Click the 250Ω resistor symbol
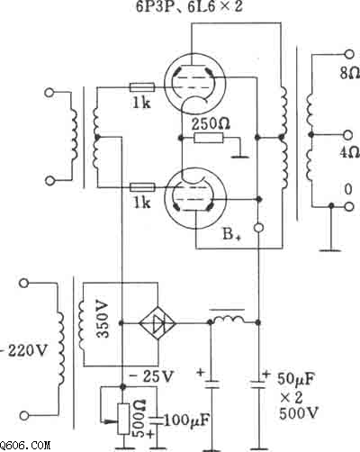coord(209,138)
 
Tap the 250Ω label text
coord(211,124)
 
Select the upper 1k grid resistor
coord(142,87)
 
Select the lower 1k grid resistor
coord(142,187)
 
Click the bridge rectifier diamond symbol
coord(157,323)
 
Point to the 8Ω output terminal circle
coord(348,54)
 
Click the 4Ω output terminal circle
coord(348,135)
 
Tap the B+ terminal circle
coord(259,228)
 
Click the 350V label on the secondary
coord(103,319)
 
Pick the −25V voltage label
coord(152,376)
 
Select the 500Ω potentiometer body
coord(123,420)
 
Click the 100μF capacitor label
coord(186,420)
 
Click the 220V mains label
coord(25,350)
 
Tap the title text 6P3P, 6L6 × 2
coord(189,6)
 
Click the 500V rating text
coord(299,414)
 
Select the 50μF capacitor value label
coord(296,379)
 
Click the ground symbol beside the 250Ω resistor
coord(240,156)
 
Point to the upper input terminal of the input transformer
coord(49,92)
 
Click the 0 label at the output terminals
coord(348,189)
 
